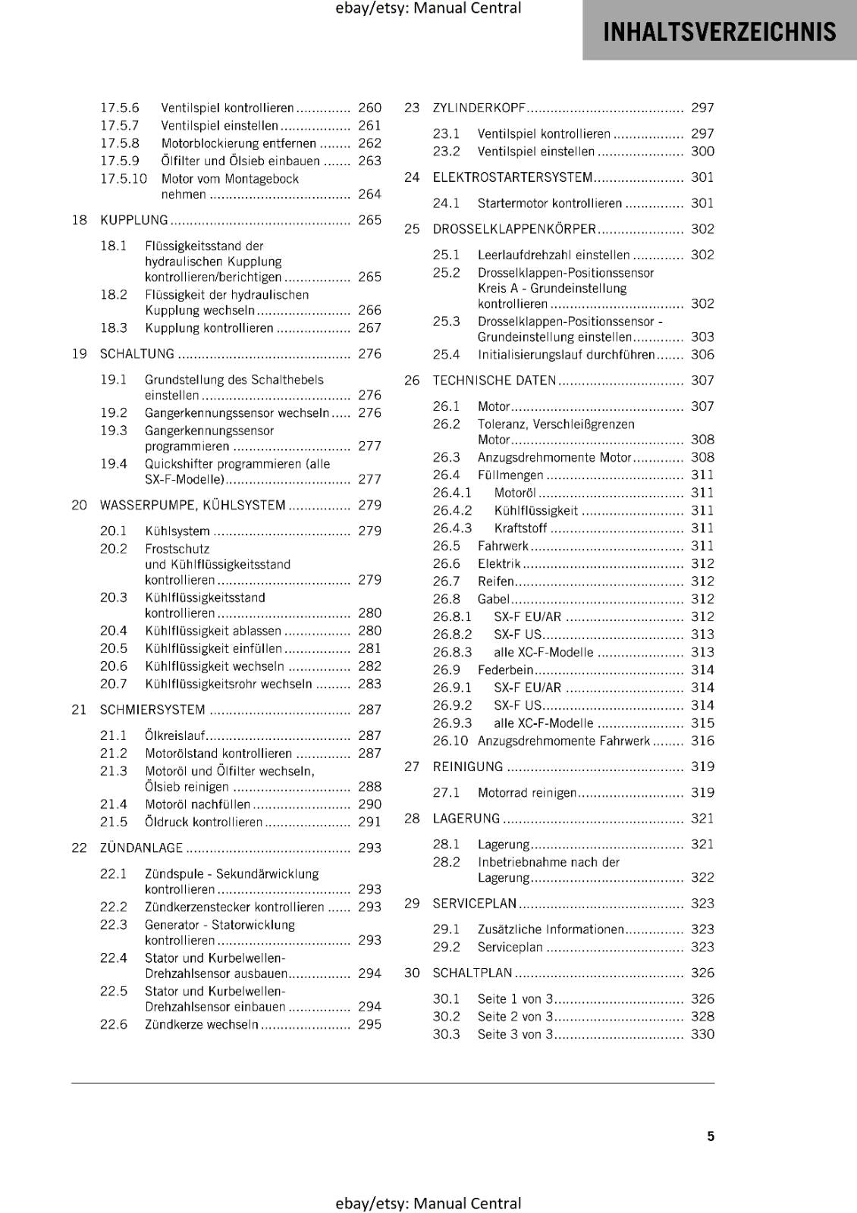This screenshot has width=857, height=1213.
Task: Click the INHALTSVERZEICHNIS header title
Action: point(719,32)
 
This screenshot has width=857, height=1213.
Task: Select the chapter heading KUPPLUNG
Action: point(134,220)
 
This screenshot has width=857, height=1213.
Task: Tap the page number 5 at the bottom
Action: point(711,1136)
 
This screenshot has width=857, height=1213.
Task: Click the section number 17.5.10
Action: point(124,179)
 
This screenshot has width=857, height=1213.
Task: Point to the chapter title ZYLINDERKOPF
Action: point(479,108)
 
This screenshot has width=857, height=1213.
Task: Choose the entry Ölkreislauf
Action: point(175,735)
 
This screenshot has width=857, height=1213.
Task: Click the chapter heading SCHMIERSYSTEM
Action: point(152,710)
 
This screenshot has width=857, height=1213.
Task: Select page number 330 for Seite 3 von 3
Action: point(702,1034)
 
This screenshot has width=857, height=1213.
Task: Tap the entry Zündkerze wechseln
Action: point(202,1024)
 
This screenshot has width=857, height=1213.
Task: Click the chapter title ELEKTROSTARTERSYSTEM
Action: point(512,177)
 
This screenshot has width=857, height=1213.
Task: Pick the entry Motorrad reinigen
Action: point(527,792)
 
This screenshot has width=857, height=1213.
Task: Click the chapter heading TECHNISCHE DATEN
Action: point(494,381)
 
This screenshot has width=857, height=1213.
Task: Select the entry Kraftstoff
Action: point(520,528)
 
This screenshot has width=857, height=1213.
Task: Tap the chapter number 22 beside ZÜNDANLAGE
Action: point(79,848)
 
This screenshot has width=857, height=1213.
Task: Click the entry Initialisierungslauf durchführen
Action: point(567,355)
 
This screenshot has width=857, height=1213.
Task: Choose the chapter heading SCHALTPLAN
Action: point(472,973)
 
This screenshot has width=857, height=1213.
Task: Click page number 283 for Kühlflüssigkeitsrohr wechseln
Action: point(369,684)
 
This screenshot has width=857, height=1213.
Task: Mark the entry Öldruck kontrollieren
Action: point(203,822)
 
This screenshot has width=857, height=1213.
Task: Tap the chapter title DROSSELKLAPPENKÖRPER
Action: point(514,229)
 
